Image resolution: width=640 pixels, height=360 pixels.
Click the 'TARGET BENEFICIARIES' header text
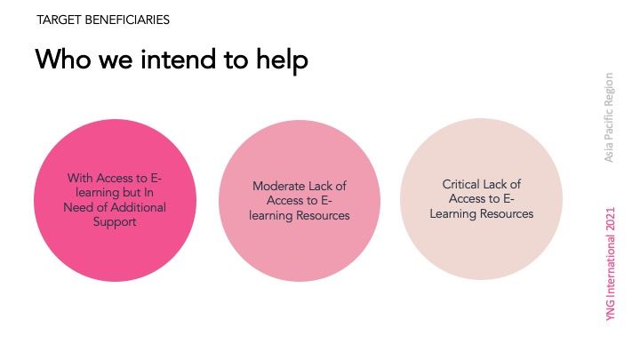[103, 19]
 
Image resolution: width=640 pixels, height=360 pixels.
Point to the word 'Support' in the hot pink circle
[116, 222]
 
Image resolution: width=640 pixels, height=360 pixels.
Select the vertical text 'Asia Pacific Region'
[610, 117]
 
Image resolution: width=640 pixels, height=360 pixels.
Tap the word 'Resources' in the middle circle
[323, 215]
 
